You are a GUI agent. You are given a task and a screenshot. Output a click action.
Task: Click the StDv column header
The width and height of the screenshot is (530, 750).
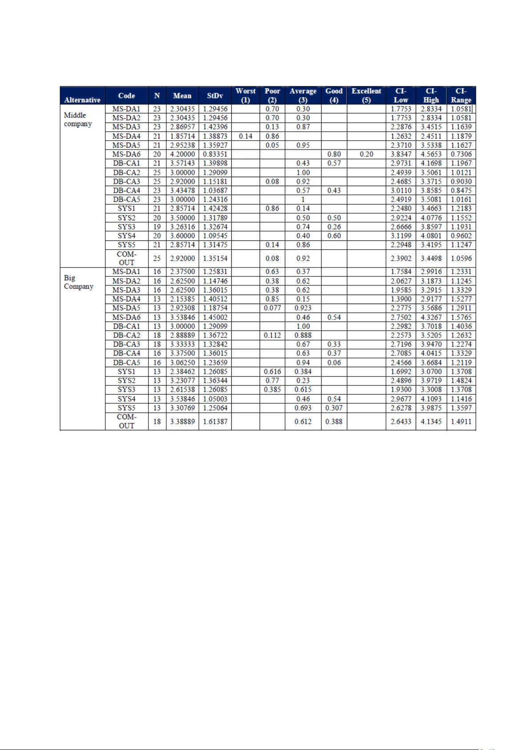pos(215,96)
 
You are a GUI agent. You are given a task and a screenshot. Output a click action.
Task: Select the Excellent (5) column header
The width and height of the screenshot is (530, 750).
pos(366,95)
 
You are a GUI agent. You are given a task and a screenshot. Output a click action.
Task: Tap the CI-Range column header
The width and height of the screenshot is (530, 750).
pos(461,95)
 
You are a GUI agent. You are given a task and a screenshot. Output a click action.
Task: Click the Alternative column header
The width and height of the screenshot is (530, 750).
pos(82,100)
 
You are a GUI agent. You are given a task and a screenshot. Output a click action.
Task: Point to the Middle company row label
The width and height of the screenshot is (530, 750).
pos(78,119)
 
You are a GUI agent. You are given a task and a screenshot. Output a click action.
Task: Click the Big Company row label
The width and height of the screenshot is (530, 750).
pos(79,282)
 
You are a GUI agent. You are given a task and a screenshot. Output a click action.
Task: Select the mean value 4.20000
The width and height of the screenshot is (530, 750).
pos(182,154)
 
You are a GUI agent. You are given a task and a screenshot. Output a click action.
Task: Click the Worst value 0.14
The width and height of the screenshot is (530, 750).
pos(245,136)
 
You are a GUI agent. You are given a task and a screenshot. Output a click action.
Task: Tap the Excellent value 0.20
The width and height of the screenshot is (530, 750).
pos(366,154)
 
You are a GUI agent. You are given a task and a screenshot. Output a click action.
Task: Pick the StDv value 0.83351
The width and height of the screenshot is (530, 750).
pos(215,154)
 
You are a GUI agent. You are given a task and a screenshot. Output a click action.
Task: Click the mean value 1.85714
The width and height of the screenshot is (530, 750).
pos(182,136)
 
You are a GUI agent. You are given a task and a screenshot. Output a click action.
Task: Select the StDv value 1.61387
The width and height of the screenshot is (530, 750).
pos(215,421)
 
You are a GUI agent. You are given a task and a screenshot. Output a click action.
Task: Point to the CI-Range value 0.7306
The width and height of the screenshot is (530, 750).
pos(461,154)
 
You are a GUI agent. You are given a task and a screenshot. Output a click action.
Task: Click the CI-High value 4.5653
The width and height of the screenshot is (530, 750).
pos(431,154)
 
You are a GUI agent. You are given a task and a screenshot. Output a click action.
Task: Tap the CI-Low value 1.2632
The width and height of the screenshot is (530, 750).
pos(401,136)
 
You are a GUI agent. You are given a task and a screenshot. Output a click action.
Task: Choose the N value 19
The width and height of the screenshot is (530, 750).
pos(157,227)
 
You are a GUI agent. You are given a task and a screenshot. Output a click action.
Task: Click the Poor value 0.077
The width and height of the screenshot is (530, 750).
pos(272,308)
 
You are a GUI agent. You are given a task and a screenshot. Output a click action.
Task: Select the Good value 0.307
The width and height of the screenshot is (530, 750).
pos(334,408)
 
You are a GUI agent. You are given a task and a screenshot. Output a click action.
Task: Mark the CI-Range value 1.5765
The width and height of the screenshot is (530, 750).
pos(461,317)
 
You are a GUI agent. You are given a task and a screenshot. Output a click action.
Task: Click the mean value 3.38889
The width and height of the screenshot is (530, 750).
pos(182,421)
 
